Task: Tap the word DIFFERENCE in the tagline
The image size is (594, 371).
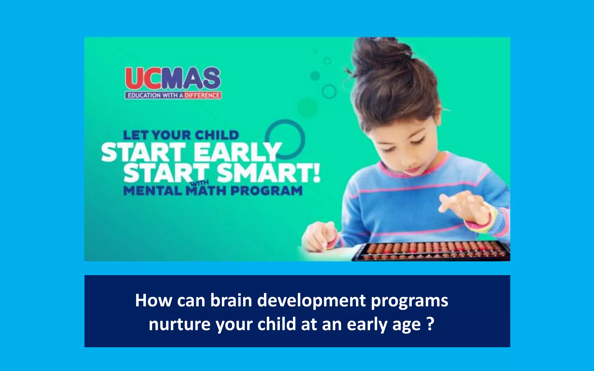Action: click(202, 95)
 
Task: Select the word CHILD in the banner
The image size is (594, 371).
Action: click(217, 135)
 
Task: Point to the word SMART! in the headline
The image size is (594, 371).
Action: click(268, 173)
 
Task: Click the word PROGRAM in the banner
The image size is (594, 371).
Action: click(266, 191)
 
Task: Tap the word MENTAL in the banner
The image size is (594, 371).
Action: click(153, 191)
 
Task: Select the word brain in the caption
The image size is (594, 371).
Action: click(231, 301)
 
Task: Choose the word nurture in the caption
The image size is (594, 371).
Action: click(179, 324)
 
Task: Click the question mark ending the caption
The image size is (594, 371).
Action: click(431, 323)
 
